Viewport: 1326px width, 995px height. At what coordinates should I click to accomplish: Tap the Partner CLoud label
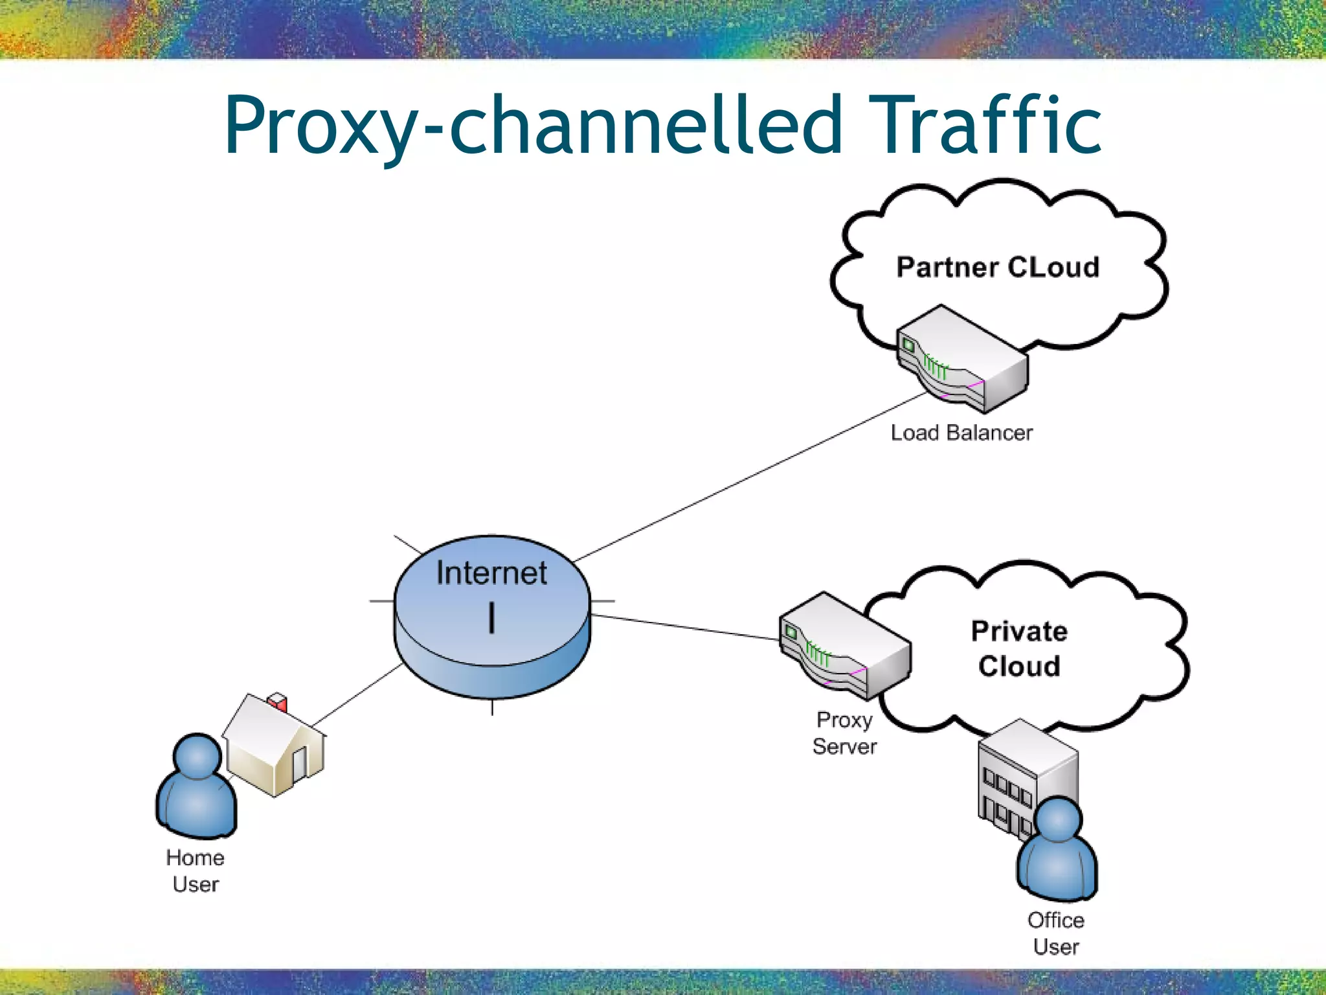(998, 268)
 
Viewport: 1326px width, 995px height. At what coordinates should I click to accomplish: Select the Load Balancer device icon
(961, 359)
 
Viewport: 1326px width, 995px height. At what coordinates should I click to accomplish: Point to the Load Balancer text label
(961, 433)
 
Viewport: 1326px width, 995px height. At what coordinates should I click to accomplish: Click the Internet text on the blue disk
(491, 573)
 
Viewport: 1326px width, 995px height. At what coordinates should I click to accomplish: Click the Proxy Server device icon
(844, 645)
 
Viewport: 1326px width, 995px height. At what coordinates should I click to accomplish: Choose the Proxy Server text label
(844, 733)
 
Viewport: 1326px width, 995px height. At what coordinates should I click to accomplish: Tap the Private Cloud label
(1019, 648)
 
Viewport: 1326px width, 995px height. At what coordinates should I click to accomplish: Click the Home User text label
(196, 871)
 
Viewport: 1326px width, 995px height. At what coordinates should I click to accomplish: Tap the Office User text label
(1056, 933)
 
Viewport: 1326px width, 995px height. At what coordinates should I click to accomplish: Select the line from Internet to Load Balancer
(751, 477)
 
